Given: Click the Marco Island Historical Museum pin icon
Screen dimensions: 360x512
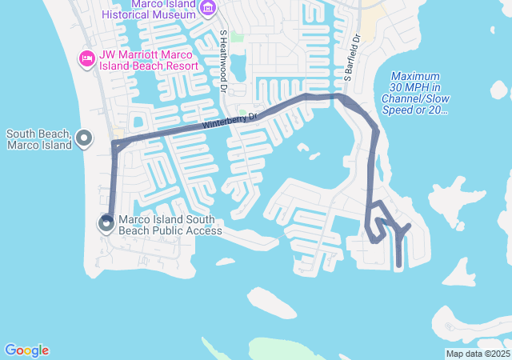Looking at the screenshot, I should click(x=208, y=9).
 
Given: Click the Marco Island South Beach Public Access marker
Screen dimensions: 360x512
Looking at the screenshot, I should click(x=107, y=224).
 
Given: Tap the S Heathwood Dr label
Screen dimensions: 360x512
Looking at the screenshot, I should click(x=223, y=55).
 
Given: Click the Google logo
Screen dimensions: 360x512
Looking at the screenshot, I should click(x=26, y=350).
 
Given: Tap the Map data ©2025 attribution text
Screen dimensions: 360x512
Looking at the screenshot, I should click(x=478, y=354).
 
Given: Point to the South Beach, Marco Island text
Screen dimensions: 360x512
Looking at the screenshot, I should click(x=38, y=139).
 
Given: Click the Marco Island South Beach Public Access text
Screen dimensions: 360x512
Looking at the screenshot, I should click(x=170, y=225).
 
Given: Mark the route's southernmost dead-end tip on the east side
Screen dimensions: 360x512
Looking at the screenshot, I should click(x=399, y=265).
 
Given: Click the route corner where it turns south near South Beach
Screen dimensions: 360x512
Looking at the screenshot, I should click(x=114, y=144).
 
